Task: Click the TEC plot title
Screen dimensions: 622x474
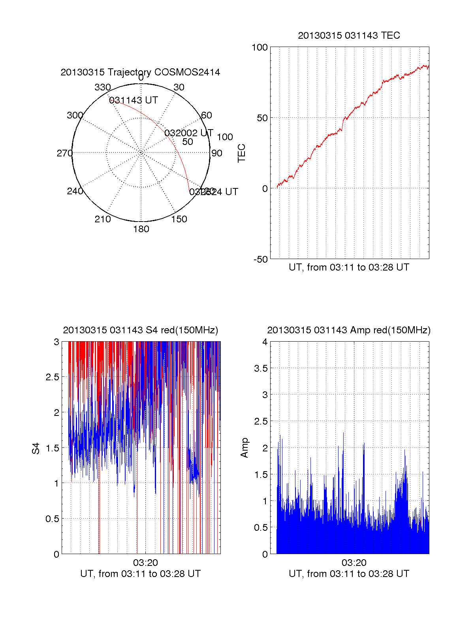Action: pos(349,36)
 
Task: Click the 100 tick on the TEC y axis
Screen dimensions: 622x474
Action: pos(260,47)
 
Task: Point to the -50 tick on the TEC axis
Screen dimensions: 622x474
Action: pos(261,259)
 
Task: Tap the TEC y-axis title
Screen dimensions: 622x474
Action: pos(241,153)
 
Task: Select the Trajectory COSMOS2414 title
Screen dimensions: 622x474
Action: pos(140,72)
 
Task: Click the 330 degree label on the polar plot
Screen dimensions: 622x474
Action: pos(103,87)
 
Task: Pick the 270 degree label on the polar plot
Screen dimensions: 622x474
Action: pos(64,153)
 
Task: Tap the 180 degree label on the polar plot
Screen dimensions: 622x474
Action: pos(141,229)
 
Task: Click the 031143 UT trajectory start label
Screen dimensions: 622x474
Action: pos(134,100)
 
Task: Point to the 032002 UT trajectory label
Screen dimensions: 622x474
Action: pos(189,133)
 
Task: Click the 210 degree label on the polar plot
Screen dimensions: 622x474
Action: pos(103,219)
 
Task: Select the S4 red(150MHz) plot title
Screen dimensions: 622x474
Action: pos(140,330)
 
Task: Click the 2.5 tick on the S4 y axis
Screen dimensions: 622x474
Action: pos(53,377)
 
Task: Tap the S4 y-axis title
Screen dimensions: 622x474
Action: pos(36,448)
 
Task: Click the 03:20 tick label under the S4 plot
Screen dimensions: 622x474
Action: pos(145,562)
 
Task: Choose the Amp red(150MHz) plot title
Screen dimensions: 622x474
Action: pos(349,330)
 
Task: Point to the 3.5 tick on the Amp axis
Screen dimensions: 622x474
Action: pos(261,368)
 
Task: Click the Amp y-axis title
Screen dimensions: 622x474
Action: pos(245,447)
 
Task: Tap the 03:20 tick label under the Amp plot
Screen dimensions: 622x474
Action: pos(354,562)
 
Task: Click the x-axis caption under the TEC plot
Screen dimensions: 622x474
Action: pos(349,267)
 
